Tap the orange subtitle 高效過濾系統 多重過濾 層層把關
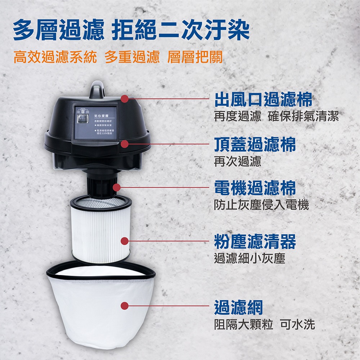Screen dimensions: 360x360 click(x=118, y=57)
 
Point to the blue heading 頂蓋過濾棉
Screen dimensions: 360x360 click(x=255, y=144)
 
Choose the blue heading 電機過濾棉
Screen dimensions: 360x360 click(x=255, y=188)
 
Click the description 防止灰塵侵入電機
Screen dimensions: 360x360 click(x=261, y=205)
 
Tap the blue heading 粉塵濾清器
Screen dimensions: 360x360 click(x=255, y=241)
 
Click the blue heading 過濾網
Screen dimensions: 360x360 click(x=238, y=307)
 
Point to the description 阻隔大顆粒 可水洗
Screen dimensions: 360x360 click(x=264, y=324)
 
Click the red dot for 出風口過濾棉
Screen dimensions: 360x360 click(x=125, y=98)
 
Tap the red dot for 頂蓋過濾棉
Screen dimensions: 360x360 click(x=125, y=144)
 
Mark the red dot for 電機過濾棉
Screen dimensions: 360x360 click(x=117, y=187)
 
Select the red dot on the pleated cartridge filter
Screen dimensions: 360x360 click(x=125, y=241)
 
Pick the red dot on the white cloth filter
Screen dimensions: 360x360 click(x=125, y=306)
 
